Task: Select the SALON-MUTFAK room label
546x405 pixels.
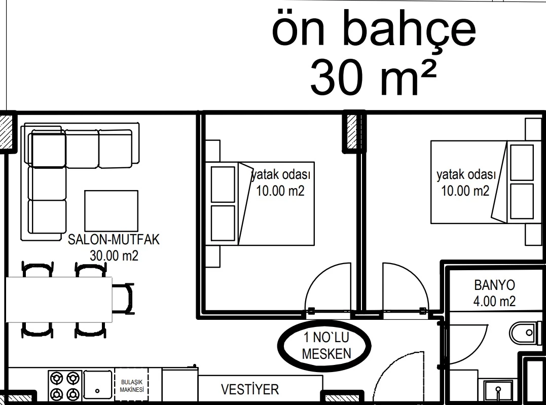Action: pyautogui.click(x=114, y=240)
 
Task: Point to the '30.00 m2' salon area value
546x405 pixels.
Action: pyautogui.click(x=114, y=256)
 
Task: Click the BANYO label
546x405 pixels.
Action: pyautogui.click(x=494, y=285)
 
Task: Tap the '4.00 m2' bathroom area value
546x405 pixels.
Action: pyautogui.click(x=494, y=301)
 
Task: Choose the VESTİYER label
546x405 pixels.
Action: pyautogui.click(x=250, y=389)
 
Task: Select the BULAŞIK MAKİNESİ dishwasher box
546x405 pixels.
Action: pyautogui.click(x=132, y=386)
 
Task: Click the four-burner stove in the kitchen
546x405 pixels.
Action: pyautogui.click(x=65, y=386)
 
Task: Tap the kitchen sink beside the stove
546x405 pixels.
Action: pyautogui.click(x=98, y=385)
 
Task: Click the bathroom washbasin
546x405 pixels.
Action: pyautogui.click(x=498, y=391)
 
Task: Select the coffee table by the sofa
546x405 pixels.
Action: pyautogui.click(x=112, y=211)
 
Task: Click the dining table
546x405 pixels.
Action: pyautogui.click(x=59, y=300)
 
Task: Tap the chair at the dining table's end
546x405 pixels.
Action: pyautogui.click(x=123, y=299)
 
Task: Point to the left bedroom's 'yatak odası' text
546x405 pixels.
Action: pyautogui.click(x=281, y=174)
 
